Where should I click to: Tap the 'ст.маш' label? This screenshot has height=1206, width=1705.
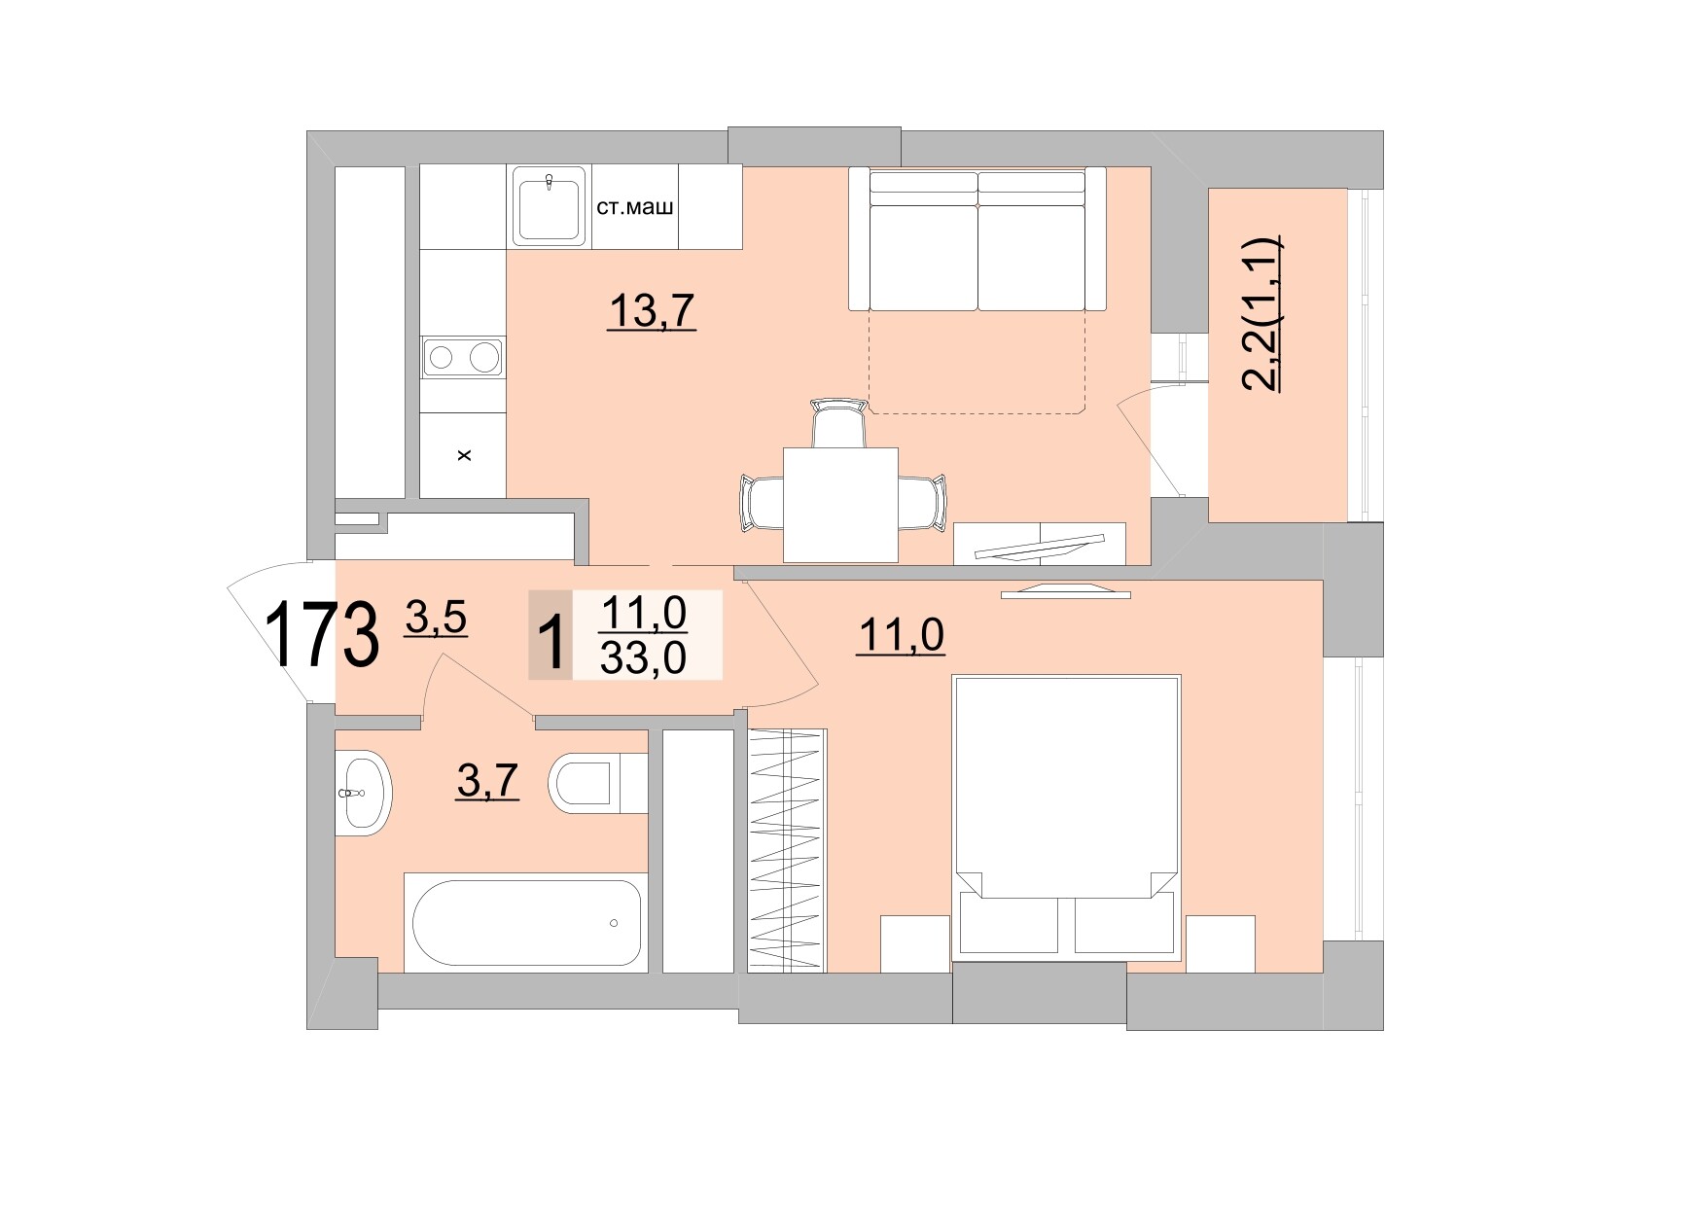pyautogui.click(x=634, y=207)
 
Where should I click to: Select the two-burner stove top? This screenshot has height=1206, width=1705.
pyautogui.click(x=463, y=357)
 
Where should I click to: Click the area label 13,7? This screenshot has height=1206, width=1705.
pyautogui.click(x=651, y=311)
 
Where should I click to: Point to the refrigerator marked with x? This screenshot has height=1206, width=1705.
pyautogui.click(x=463, y=454)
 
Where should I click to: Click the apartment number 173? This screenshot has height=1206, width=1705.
pyautogui.click(x=321, y=635)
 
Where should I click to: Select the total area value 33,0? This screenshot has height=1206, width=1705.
pyautogui.click(x=644, y=658)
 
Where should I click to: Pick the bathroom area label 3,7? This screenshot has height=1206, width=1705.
pyautogui.click(x=487, y=781)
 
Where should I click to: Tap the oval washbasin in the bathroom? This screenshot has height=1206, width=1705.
pyautogui.click(x=362, y=792)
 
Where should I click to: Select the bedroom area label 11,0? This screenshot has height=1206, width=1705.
pyautogui.click(x=901, y=636)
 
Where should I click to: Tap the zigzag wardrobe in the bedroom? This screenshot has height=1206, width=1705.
pyautogui.click(x=787, y=850)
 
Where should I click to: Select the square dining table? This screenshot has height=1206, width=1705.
pyautogui.click(x=840, y=504)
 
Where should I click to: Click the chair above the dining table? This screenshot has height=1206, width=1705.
pyautogui.click(x=838, y=422)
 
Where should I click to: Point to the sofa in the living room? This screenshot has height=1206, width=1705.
pyautogui.click(x=977, y=239)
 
